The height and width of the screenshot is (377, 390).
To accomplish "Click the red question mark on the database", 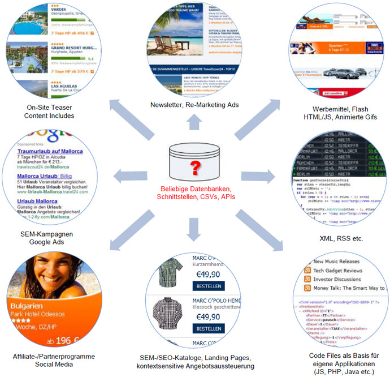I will tap(195, 168).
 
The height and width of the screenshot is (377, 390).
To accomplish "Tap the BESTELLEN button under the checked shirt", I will tap(209, 285).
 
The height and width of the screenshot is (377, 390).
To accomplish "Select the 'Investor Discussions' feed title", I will tap(338, 280).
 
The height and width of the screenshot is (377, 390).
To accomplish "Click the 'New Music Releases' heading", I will tap(337, 262).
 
